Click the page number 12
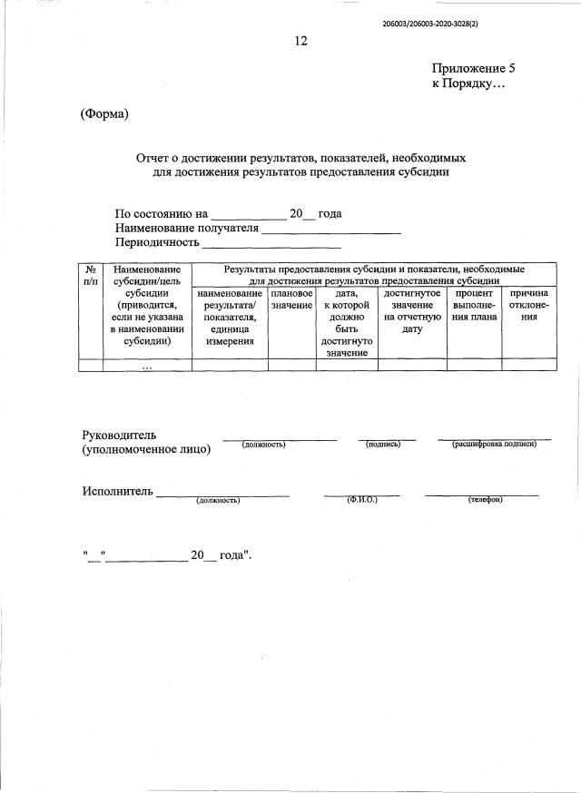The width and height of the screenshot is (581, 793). [301, 41]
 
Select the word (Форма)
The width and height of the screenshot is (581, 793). [104, 113]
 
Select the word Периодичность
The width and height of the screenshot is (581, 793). [157, 243]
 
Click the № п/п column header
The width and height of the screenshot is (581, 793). [91, 277]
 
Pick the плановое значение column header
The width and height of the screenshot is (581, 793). [291, 300]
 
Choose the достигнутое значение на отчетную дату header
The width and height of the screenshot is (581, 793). [412, 312]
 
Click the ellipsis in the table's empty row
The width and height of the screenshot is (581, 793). [147, 366]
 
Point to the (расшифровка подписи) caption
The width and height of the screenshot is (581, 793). [494, 444]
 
